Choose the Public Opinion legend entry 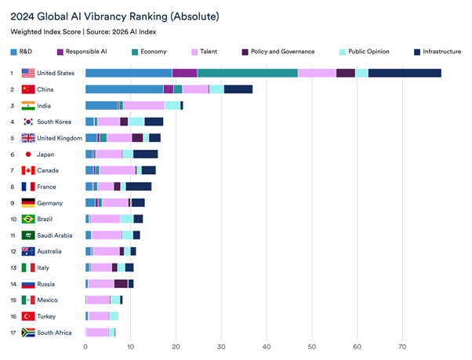pos(366,52)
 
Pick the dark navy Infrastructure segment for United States pos(405,73)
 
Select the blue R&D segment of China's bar pos(124,89)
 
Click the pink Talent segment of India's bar pos(143,105)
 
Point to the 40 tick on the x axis pos(267,347)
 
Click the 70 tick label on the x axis pos(402,347)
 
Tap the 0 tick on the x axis pos(85,347)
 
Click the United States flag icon pos(28,73)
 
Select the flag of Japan pos(28,155)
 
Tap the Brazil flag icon pos(28,219)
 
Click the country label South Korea pos(56,122)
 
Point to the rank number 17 pos(12,333)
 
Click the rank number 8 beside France pos(12,187)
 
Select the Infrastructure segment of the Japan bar pos(145,155)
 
